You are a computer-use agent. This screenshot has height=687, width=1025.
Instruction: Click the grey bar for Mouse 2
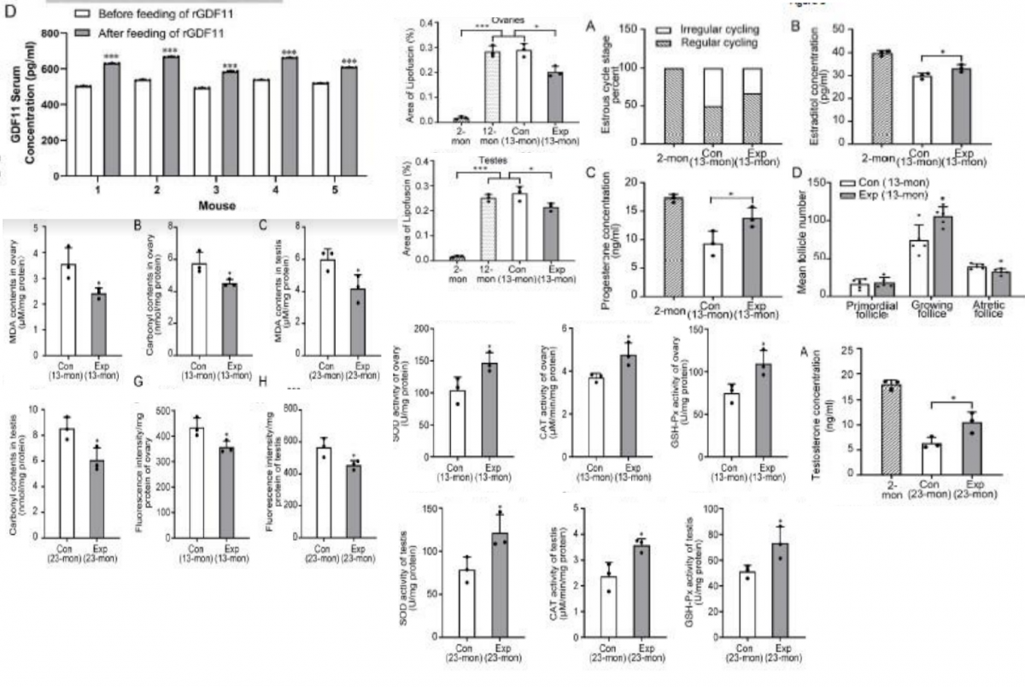170,116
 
